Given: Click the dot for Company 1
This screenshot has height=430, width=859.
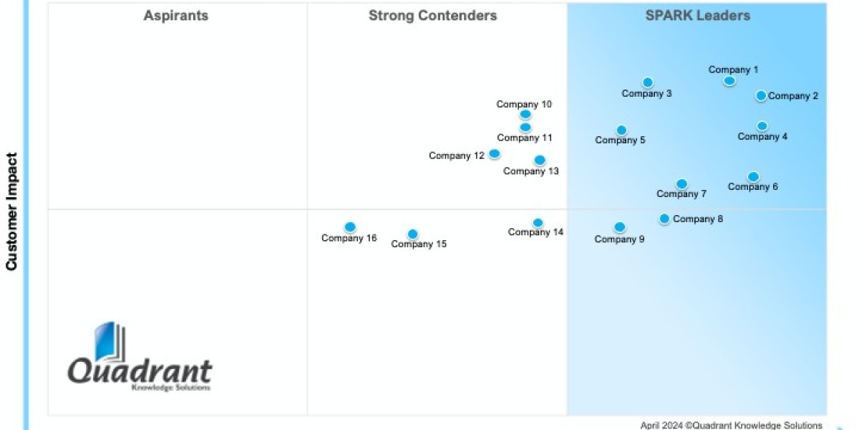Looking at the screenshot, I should point(729,81).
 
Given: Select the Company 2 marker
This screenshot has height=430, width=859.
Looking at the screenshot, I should point(761,95).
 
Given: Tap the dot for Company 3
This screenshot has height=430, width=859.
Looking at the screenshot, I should point(647,82).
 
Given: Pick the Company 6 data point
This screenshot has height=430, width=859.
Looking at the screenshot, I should point(753,176).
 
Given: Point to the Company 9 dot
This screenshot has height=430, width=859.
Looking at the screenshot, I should point(619,227).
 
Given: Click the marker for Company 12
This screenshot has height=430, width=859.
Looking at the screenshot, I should point(494,153).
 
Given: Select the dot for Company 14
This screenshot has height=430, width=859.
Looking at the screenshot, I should point(538,223).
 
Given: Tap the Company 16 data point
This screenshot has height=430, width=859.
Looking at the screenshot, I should point(349,227).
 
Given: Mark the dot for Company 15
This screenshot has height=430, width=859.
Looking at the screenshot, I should point(412,234).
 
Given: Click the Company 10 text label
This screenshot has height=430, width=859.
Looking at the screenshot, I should point(524,105).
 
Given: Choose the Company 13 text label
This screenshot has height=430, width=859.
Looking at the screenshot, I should point(530,171).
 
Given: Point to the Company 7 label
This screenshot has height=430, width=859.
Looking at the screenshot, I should point(681,194).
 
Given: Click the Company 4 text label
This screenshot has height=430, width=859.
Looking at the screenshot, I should point(762,137).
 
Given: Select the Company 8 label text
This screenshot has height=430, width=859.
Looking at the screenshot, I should point(698,219).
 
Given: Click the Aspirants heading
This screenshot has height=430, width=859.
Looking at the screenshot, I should point(176,16).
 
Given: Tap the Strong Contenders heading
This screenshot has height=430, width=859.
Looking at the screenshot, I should point(432,16).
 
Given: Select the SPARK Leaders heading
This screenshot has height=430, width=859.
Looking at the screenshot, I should point(697,16).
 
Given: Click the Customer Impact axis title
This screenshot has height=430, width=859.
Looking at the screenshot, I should point(11,211).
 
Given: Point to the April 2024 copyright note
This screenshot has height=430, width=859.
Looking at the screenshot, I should point(731,425).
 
